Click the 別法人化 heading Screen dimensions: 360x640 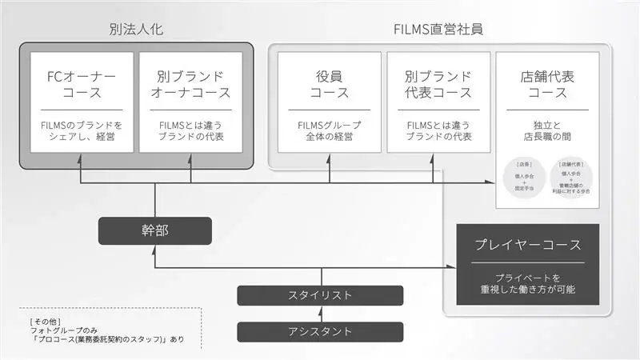[136, 30]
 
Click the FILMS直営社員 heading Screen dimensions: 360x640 [438, 30]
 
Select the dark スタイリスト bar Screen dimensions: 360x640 [319, 295]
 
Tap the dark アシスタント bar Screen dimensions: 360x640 [319, 330]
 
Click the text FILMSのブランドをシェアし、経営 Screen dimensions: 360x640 [82, 130]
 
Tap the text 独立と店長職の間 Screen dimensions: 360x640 [547, 130]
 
